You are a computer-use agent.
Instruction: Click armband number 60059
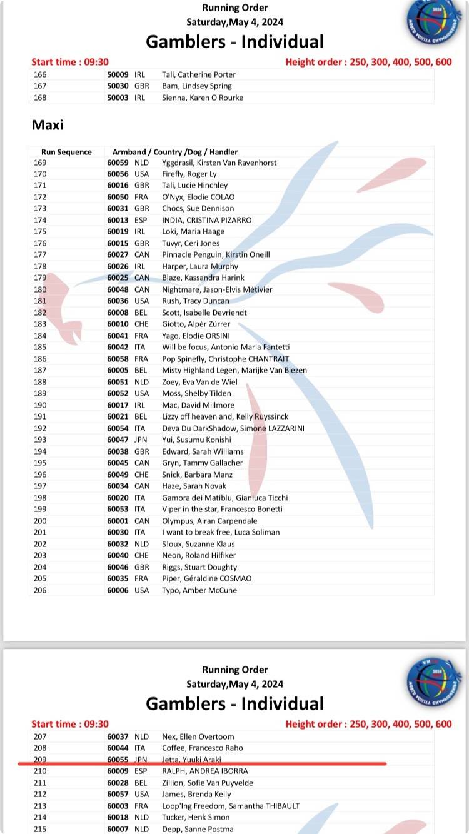point(118,163)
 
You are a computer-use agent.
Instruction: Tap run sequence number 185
point(40,347)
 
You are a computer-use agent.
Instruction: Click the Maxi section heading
point(48,125)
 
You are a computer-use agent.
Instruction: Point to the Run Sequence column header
point(66,152)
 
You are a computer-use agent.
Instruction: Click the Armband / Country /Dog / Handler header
point(174,152)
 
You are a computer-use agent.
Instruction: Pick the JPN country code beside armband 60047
point(142,440)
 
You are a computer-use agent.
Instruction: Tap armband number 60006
point(118,590)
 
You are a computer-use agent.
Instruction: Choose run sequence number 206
point(40,590)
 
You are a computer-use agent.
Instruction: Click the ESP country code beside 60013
point(141,220)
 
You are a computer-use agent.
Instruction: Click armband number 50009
point(118,74)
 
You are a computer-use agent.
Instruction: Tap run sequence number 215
point(40,829)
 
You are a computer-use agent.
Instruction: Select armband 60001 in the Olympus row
point(118,521)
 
